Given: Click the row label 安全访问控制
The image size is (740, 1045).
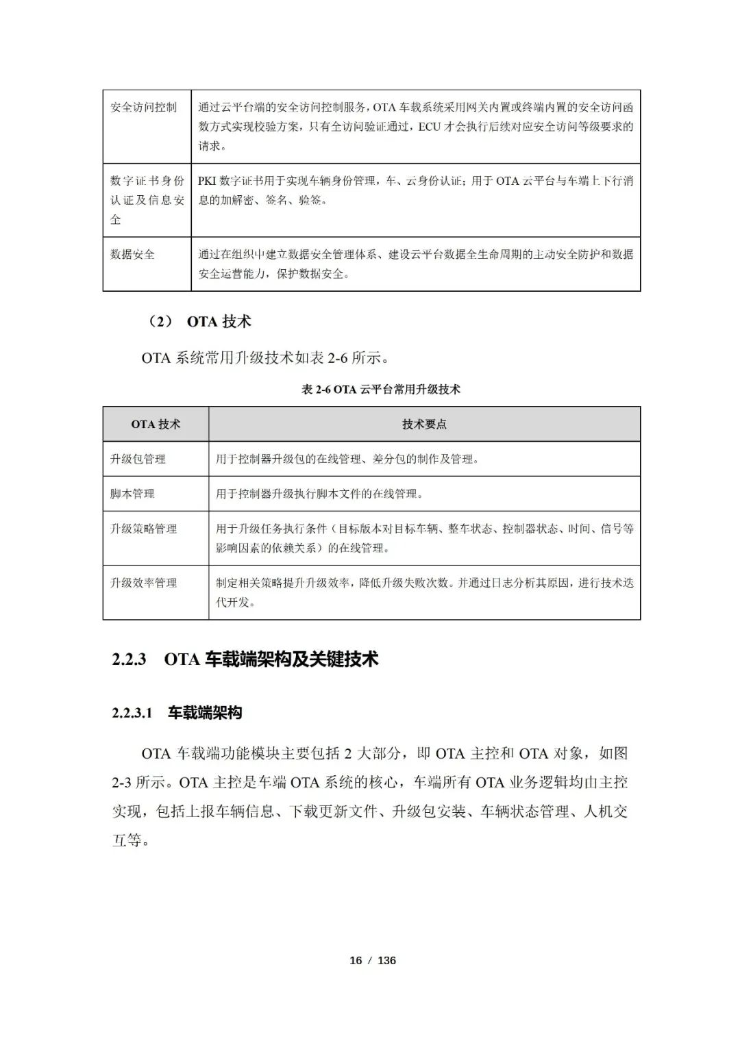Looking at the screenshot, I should pyautogui.click(x=143, y=108).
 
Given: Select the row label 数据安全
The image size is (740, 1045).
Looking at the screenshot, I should pyautogui.click(x=133, y=255).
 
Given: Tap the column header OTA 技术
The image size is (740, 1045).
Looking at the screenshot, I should pyautogui.click(x=156, y=425).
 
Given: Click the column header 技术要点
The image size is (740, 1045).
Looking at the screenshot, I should pyautogui.click(x=424, y=425).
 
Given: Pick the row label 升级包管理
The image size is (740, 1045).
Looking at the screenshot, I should pyautogui.click(x=138, y=459).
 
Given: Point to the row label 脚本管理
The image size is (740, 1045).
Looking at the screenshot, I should pyautogui.click(x=133, y=494).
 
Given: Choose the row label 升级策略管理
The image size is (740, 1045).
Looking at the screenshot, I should pyautogui.click(x=144, y=529).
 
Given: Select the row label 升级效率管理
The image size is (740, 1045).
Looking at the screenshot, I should pyautogui.click(x=144, y=583).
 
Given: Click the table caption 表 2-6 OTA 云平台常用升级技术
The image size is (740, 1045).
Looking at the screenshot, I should pyautogui.click(x=381, y=390).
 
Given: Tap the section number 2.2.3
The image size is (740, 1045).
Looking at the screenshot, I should pyautogui.click(x=129, y=660).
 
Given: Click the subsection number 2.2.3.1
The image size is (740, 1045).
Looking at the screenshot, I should pyautogui.click(x=132, y=714).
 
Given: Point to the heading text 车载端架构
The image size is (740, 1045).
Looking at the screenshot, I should pyautogui.click(x=205, y=713).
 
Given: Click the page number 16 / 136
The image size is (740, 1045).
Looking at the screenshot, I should pyautogui.click(x=373, y=960).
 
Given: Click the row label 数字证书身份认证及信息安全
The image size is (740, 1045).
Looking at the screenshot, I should pyautogui.click(x=147, y=200).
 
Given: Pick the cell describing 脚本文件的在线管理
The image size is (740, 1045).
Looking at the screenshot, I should pyautogui.click(x=319, y=494).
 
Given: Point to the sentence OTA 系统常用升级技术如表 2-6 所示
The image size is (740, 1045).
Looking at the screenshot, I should pyautogui.click(x=265, y=357).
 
